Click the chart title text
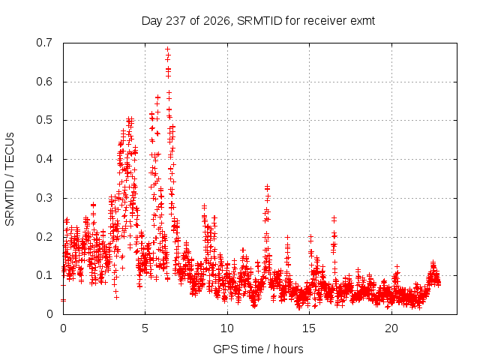point(258,21)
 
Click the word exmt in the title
point(362,21)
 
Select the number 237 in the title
point(175,21)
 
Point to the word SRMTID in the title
point(259,21)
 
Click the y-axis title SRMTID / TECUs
point(10,179)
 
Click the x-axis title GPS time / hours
point(258,349)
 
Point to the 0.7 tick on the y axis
point(44,43)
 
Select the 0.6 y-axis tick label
point(44,82)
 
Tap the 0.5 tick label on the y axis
point(44,120)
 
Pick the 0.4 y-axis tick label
point(44,159)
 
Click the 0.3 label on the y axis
point(44,198)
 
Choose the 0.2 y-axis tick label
point(44,237)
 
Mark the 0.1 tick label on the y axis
point(44,275)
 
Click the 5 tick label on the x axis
point(145,328)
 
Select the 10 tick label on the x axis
point(227,328)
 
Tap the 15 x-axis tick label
point(309,328)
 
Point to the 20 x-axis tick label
point(391,328)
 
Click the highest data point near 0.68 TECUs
point(168,49)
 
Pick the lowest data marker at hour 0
point(63,300)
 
